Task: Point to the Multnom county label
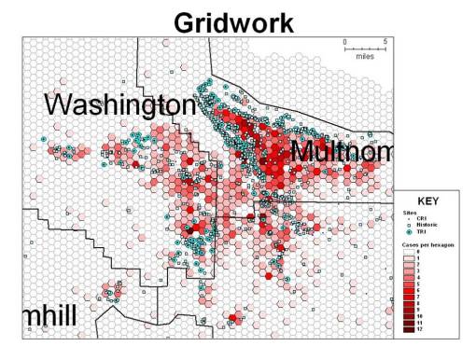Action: click(x=334, y=150)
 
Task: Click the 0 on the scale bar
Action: click(x=344, y=42)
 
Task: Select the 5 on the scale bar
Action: click(x=385, y=42)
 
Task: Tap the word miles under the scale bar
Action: click(x=364, y=58)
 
